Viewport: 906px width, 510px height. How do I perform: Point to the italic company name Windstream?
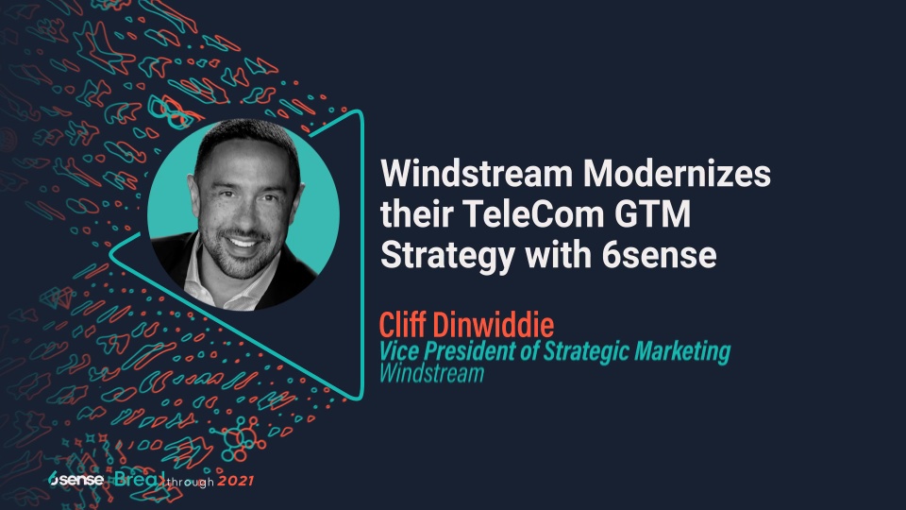coord(431,373)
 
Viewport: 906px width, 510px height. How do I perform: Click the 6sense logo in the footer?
coord(75,479)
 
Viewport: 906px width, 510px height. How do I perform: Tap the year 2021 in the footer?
coord(236,482)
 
